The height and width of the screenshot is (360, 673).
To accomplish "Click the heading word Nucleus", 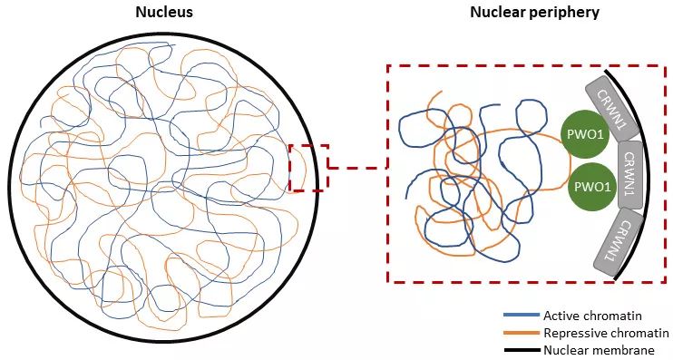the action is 164,12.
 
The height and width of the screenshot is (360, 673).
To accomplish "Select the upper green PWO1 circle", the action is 585,135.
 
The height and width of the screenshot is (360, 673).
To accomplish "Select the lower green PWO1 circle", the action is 591,187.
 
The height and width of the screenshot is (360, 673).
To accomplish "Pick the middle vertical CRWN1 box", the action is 630,175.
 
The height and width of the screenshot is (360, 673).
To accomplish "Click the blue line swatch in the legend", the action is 521,316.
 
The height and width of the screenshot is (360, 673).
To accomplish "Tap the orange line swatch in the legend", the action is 521,333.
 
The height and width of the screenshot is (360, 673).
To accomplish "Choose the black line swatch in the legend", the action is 521,350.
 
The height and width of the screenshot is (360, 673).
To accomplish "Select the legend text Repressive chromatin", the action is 606,333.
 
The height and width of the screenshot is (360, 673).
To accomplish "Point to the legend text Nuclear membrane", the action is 600,350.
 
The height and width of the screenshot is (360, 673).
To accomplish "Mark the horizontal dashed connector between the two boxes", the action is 357,168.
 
